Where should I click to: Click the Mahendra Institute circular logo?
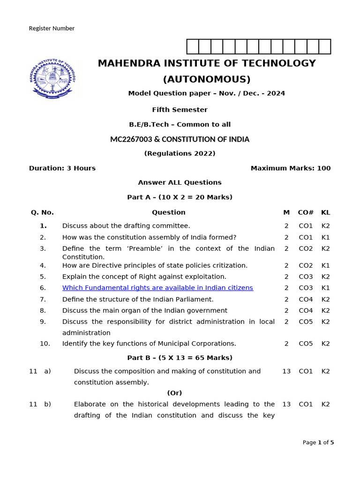(53, 78)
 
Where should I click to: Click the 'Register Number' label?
(52, 29)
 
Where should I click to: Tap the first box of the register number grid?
(193, 47)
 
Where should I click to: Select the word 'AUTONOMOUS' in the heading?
(207, 79)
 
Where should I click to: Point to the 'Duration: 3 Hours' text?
(62, 168)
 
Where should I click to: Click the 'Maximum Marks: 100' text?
(290, 168)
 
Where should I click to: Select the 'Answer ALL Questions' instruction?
(180, 182)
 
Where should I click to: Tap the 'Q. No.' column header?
(42, 212)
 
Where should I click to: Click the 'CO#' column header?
(306, 212)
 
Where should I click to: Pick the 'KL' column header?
(325, 212)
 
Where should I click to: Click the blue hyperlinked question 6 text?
(157, 288)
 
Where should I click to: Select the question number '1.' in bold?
(43, 226)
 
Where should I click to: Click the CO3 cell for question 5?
(306, 277)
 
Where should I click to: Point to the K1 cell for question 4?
(325, 265)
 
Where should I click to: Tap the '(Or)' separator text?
(174, 393)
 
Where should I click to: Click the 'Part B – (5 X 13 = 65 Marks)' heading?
(180, 358)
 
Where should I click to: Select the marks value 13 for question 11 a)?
(286, 371)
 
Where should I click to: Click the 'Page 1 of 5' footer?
(318, 442)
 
